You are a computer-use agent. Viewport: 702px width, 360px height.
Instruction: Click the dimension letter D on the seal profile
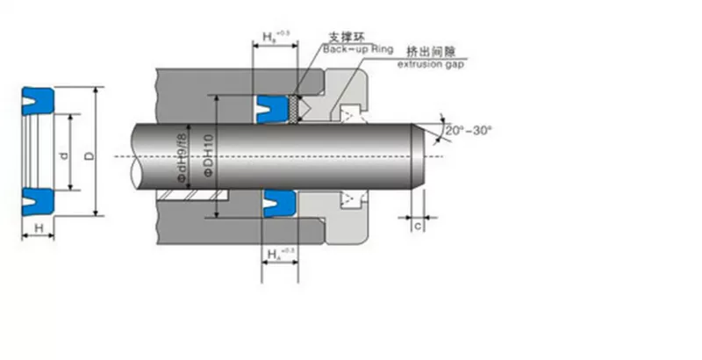[x=88, y=155]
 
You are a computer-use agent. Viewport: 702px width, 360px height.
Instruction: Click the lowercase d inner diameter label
[x=62, y=155]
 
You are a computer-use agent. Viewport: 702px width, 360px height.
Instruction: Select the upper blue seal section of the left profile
[x=38, y=97]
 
